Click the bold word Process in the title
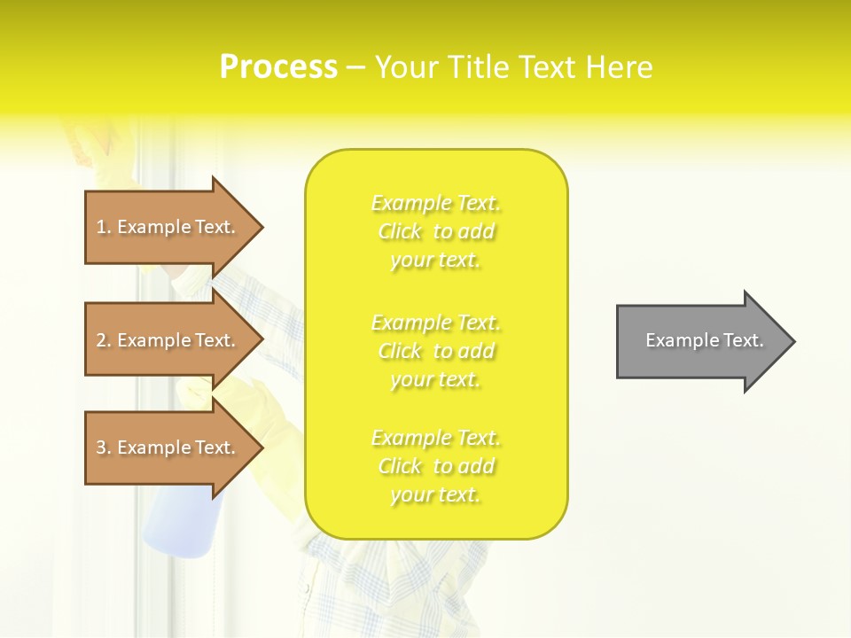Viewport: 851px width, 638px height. pyautogui.click(x=278, y=67)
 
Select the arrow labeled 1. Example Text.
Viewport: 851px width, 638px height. pyautogui.click(x=168, y=227)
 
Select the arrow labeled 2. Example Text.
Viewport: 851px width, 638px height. pyautogui.click(x=168, y=340)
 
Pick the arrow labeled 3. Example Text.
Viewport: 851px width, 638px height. pyautogui.click(x=168, y=447)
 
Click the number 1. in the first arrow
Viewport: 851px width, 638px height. pyautogui.click(x=104, y=228)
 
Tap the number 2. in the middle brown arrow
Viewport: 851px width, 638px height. pyautogui.click(x=104, y=341)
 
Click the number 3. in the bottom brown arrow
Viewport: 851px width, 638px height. pyautogui.click(x=104, y=448)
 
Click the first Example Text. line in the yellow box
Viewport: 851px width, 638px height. pyautogui.click(x=436, y=204)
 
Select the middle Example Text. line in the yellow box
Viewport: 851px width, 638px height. pyautogui.click(x=436, y=323)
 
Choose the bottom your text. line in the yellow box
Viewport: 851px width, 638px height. pyautogui.click(x=434, y=494)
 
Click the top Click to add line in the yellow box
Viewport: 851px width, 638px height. pyautogui.click(x=436, y=232)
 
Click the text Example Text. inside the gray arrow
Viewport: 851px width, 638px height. pyautogui.click(x=704, y=340)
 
